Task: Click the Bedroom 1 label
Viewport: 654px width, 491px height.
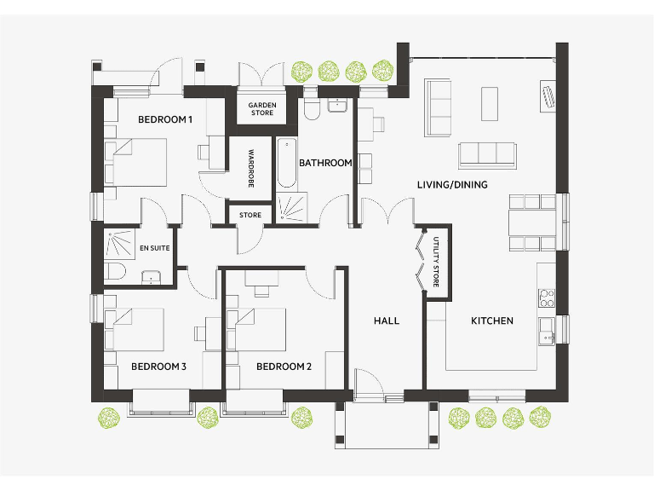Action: pyautogui.click(x=165, y=119)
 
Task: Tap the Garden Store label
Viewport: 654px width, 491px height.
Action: pyautogui.click(x=261, y=109)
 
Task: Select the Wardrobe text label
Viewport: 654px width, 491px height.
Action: pyautogui.click(x=251, y=169)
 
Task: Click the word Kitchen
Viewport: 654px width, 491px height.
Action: pyautogui.click(x=492, y=321)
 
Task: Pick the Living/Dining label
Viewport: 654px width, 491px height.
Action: pyautogui.click(x=452, y=184)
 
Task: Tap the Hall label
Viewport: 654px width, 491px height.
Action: pyautogui.click(x=387, y=321)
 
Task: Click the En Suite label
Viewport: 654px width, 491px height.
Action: pyautogui.click(x=154, y=248)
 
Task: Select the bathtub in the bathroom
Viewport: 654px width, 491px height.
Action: pyautogui.click(x=285, y=163)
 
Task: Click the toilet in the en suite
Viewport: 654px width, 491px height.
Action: pyautogui.click(x=116, y=272)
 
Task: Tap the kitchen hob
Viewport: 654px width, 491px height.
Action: pyautogui.click(x=547, y=298)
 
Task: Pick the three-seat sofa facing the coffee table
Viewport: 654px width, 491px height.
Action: pyautogui.click(x=487, y=154)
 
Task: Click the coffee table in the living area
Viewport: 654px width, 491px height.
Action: pyautogui.click(x=490, y=104)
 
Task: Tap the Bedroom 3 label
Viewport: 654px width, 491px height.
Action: pyautogui.click(x=158, y=367)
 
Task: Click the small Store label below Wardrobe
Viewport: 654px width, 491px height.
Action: pyautogui.click(x=250, y=215)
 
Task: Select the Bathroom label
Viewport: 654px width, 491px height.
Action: pyautogui.click(x=325, y=163)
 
